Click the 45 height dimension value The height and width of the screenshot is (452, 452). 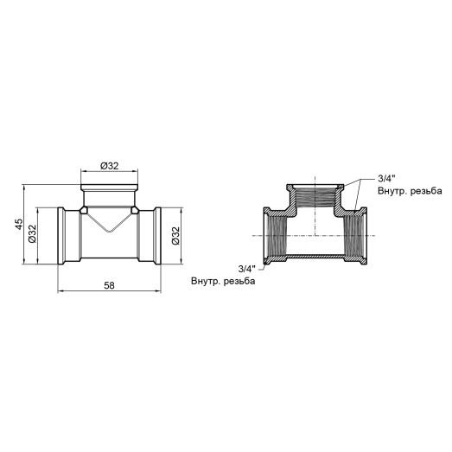[x=19, y=225]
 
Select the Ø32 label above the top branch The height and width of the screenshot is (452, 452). [x=110, y=164]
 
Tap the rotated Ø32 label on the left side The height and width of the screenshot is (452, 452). [x=32, y=233]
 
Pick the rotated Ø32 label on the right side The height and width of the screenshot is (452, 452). [x=175, y=233]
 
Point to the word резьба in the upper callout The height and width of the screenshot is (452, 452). [x=423, y=190]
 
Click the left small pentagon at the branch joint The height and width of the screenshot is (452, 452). [x=84, y=209]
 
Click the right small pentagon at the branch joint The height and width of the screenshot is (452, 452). [x=135, y=209]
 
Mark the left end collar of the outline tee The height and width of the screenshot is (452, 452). [x=63, y=233]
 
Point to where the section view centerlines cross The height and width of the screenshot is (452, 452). [x=315, y=235]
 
